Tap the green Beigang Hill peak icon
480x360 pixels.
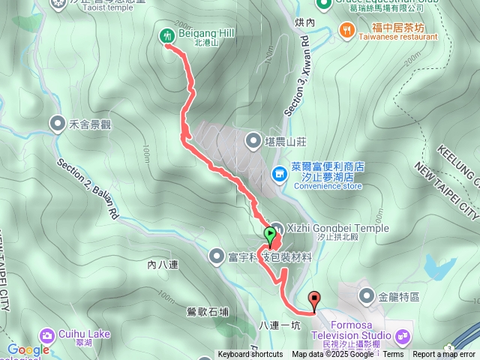tap(166, 34)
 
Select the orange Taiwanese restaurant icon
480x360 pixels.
tap(346, 30)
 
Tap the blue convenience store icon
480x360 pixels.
tap(279, 175)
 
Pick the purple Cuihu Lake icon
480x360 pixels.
tap(47, 334)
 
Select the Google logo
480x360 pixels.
tap(28, 350)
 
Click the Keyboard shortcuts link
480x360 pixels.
tap(250, 355)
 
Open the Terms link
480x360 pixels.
tap(393, 355)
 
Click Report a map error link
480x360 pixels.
tap(444, 355)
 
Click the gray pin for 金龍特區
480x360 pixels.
tap(366, 296)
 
